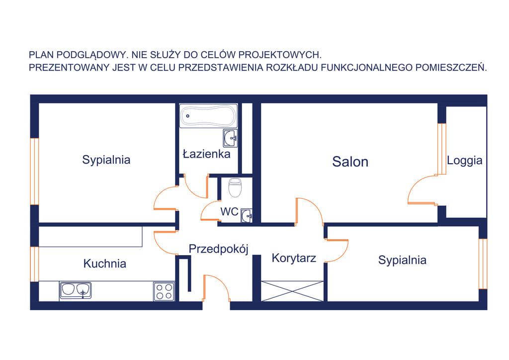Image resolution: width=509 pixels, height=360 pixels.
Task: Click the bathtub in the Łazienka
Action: click(208, 116)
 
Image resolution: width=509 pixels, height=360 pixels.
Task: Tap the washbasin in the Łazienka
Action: click(230, 138)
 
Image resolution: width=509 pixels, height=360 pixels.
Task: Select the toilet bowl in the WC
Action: click(235, 187)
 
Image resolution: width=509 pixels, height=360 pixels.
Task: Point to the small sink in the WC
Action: click(247, 215)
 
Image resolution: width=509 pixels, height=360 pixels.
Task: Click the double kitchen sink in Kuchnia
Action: click(76, 290)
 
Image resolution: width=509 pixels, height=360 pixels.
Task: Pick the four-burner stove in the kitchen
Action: click(164, 291)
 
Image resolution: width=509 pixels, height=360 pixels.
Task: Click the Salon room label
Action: click(350, 162)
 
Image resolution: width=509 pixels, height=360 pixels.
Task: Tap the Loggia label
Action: click(465, 161)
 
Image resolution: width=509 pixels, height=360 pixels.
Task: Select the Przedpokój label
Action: click(219, 249)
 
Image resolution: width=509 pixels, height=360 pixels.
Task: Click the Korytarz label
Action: click(294, 258)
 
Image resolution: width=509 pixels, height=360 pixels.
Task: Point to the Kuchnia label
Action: click(104, 263)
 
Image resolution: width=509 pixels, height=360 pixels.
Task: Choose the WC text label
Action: click(229, 212)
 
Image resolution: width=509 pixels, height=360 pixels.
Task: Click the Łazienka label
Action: click(207, 154)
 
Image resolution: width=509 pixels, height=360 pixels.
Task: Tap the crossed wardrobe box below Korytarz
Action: click(292, 291)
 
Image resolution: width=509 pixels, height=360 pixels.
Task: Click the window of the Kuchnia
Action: click(34, 264)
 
